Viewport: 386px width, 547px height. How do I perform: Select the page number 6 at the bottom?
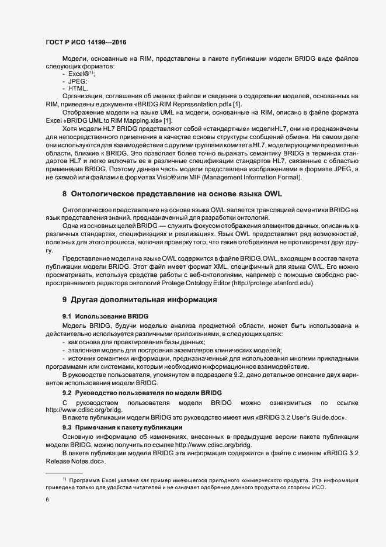point(47,501)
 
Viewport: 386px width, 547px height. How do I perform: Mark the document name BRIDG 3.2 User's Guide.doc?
point(305,418)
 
